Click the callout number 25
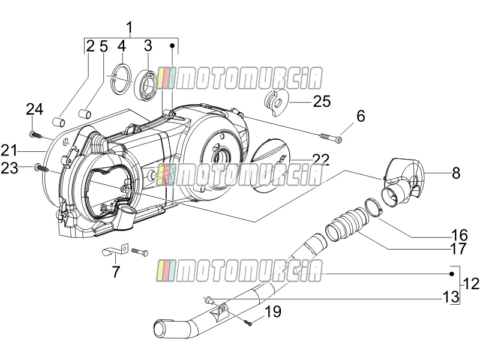tap(322, 101)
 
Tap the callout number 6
tap(361, 116)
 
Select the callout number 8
tap(456, 173)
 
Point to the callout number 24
tap(35, 109)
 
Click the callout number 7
tap(115, 272)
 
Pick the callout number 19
tap(273, 311)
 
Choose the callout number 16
tap(459, 235)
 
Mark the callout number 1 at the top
tap(130, 27)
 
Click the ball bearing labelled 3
tap(146, 85)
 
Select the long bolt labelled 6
tap(331, 137)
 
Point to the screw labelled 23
tap(42, 168)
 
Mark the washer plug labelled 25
tap(276, 102)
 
